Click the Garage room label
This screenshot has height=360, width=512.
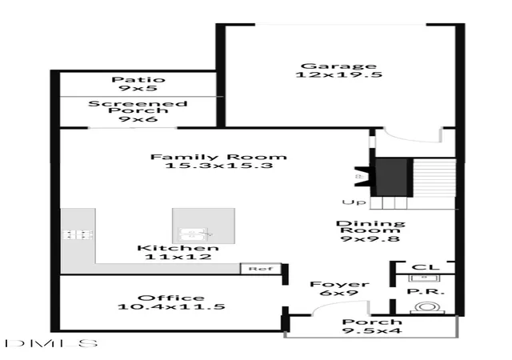point(338,66)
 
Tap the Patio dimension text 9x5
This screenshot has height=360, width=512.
point(138,88)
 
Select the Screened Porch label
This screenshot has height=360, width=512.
point(138,107)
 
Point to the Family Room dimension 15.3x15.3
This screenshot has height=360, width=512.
point(218,166)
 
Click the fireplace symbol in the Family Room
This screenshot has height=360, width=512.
point(365,177)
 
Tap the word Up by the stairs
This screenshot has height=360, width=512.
point(354,202)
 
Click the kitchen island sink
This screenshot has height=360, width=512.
point(196,234)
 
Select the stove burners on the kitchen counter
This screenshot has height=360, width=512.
point(78,234)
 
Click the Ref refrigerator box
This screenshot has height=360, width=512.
point(261,269)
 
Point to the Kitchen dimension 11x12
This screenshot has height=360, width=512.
point(178,257)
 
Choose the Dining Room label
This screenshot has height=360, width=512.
point(370,226)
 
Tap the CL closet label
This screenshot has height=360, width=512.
point(426,267)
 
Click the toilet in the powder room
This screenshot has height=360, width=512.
point(427,308)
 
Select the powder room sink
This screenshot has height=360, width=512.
point(424,278)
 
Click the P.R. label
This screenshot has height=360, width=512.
point(426,291)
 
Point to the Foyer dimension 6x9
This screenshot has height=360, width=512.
point(339,293)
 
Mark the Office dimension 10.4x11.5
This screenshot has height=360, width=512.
point(171,306)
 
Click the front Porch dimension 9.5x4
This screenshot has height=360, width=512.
point(372,330)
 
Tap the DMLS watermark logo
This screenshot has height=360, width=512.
point(51,343)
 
